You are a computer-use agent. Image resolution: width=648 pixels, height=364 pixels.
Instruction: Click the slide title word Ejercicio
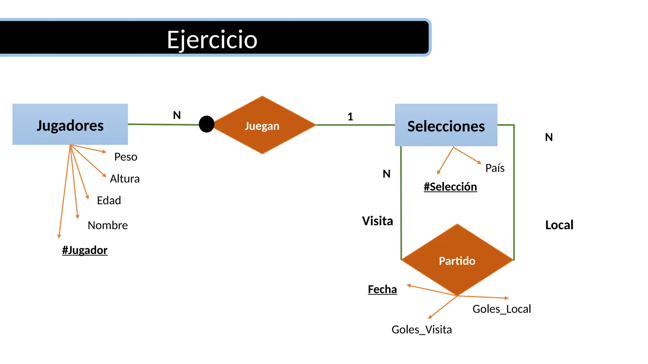click(x=212, y=40)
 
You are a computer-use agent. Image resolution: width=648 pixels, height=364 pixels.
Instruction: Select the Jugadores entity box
click(x=70, y=124)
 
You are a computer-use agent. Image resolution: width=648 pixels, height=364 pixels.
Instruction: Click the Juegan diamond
click(x=262, y=125)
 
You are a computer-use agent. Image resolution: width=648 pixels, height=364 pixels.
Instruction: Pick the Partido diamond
click(x=457, y=260)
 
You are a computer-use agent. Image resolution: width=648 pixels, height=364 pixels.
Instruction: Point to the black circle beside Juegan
click(x=207, y=124)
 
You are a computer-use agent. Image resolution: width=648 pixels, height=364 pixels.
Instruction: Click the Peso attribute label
click(x=126, y=157)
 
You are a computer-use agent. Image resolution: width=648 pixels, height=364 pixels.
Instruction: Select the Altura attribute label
click(x=125, y=179)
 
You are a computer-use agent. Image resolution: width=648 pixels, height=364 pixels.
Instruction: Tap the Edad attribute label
click(x=109, y=201)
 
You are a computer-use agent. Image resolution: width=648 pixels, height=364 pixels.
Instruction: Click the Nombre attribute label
click(x=108, y=225)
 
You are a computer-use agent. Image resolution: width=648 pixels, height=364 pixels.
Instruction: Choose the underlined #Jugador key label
click(x=85, y=250)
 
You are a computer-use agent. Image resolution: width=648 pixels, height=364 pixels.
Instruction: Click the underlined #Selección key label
click(x=450, y=187)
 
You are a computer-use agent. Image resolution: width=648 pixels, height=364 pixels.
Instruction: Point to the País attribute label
click(x=495, y=168)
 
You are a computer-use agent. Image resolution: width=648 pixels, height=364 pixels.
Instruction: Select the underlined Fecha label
click(x=382, y=289)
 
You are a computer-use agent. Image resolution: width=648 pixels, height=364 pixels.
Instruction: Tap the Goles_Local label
click(x=502, y=309)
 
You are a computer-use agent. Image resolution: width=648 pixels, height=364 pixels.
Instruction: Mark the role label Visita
click(x=377, y=221)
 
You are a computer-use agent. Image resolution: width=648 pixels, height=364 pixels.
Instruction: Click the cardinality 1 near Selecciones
click(x=350, y=117)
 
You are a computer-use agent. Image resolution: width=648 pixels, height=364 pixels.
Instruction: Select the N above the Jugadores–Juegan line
click(x=177, y=115)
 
